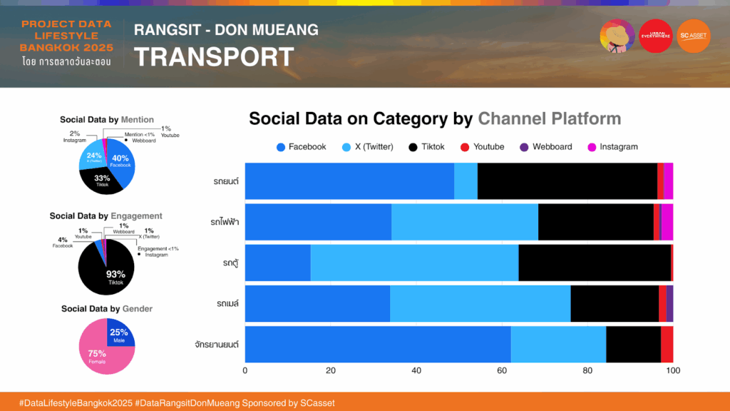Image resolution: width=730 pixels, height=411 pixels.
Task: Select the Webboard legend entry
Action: [546, 146]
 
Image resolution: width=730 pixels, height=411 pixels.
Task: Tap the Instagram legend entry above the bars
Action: [612, 146]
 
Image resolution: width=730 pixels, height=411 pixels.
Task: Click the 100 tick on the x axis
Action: [672, 371]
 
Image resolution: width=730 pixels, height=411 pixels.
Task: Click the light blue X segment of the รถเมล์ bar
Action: [480, 303]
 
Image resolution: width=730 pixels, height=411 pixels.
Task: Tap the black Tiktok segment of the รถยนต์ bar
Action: [567, 181]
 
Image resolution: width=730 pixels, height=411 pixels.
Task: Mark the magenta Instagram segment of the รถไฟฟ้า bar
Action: [667, 222]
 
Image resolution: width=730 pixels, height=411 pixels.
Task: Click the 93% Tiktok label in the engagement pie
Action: [115, 277]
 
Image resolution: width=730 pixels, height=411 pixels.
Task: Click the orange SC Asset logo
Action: [694, 36]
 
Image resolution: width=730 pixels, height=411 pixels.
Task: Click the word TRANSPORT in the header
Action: [214, 57]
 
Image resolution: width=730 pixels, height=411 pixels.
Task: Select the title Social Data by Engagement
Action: [106, 215]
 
